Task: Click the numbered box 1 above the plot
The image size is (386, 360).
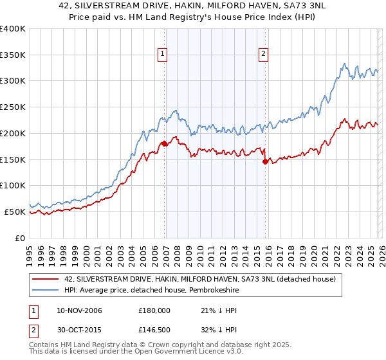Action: click(163, 55)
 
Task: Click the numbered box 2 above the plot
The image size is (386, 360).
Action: click(264, 55)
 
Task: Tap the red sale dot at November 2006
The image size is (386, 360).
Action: click(165, 143)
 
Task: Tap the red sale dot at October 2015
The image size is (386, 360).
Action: click(266, 161)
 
